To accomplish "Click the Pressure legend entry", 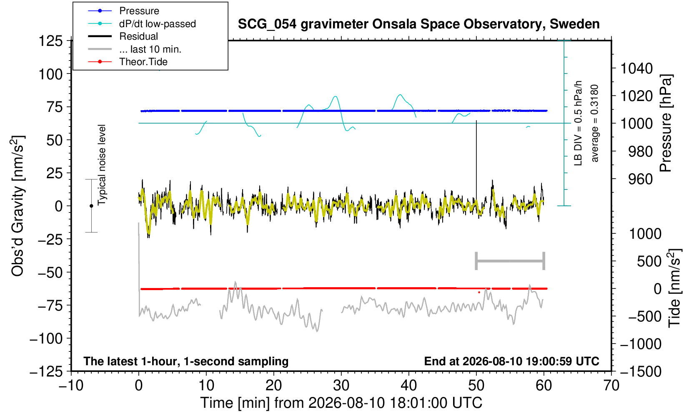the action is click(123, 11).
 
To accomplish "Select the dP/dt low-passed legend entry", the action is click(142, 24).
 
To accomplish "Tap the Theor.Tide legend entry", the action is click(128, 62).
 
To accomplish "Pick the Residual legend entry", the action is click(123, 36).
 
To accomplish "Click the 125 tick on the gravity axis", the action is click(50, 40).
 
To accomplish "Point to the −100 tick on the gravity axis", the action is click(46, 339).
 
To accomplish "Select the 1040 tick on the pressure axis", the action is click(636, 68).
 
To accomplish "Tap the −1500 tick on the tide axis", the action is click(641, 372).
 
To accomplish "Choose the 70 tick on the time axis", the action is click(611, 385).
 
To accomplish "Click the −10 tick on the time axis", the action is click(71, 385).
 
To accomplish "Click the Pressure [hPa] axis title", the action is click(666, 123).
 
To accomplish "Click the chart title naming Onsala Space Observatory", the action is click(418, 24).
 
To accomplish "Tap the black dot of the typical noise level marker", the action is click(91, 206).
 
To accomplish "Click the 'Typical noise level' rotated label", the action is click(102, 165).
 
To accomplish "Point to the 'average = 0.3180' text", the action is click(595, 123).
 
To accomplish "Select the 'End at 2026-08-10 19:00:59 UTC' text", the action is click(511, 361).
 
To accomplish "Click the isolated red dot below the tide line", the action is click(479, 293).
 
